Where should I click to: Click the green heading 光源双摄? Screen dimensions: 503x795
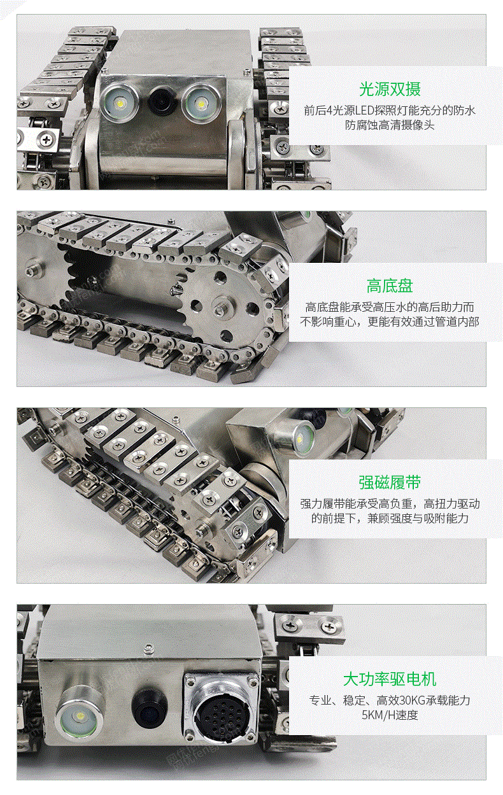point(390,89)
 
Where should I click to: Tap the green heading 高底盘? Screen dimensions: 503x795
point(390,286)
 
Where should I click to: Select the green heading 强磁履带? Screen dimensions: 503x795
point(390,482)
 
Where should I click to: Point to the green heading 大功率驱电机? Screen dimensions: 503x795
point(390,679)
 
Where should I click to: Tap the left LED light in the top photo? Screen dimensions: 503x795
point(120,102)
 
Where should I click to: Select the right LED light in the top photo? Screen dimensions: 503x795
point(200,102)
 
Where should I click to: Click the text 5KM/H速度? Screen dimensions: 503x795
point(390,714)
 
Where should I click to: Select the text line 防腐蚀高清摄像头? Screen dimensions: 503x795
point(390,125)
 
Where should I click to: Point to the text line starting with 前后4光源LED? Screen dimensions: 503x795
point(390,110)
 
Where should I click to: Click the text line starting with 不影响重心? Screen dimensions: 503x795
point(390,321)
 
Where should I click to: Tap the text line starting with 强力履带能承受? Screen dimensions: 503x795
point(390,503)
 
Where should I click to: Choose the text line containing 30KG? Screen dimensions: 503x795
point(390,700)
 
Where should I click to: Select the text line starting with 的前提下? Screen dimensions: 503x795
point(390,518)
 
